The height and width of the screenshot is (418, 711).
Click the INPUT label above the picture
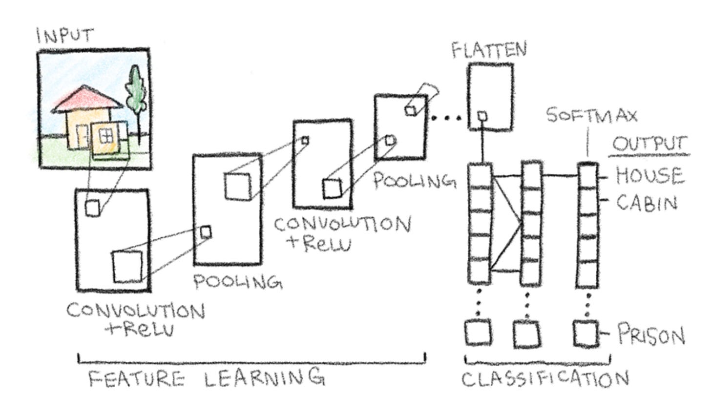64,36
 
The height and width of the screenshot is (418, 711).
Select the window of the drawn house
105,135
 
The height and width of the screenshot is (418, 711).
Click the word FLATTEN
489,50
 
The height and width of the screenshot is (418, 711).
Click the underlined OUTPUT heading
649,145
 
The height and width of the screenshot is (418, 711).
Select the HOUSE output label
649,175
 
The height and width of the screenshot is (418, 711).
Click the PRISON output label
651,335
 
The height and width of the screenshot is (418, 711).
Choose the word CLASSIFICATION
545,379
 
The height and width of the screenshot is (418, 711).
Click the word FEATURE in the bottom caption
137,379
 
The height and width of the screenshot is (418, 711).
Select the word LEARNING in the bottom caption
264,377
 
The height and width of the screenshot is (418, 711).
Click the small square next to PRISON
586,334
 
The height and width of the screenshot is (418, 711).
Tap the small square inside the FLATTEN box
482,116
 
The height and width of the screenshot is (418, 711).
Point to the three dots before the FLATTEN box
446,118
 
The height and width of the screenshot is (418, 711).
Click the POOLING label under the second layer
238,282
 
